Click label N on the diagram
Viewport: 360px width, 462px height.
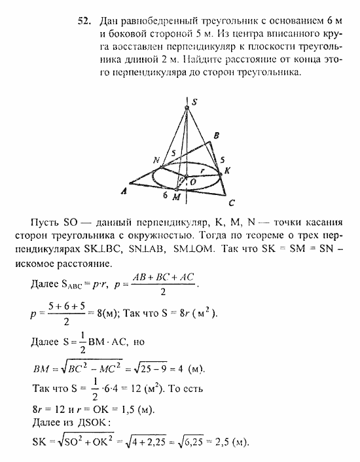pos(156,161)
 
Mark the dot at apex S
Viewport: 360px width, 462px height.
pos(187,107)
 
